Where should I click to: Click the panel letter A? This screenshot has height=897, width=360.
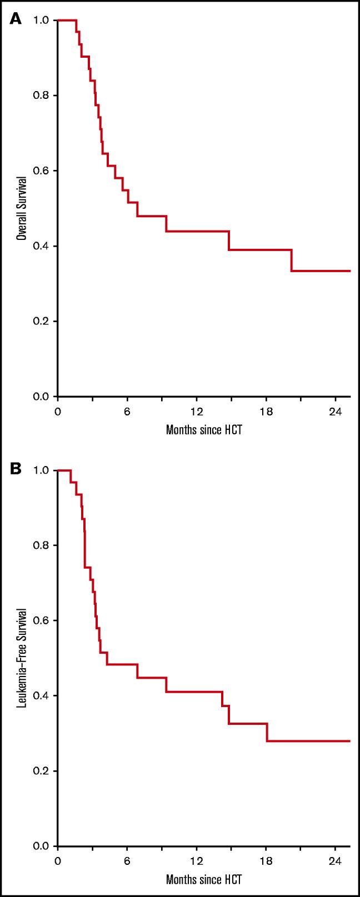click(15, 19)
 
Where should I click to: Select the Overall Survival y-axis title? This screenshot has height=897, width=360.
click(22, 208)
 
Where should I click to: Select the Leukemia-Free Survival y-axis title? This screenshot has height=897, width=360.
click(22, 658)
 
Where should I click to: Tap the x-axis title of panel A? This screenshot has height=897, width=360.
click(204, 430)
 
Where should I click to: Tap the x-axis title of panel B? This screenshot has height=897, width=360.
click(204, 880)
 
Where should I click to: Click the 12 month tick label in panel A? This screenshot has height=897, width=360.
click(196, 412)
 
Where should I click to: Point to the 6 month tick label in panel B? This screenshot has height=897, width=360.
click(127, 861)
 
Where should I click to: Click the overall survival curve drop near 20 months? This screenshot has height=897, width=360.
click(292, 260)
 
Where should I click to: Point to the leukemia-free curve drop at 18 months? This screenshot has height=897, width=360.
click(267, 731)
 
